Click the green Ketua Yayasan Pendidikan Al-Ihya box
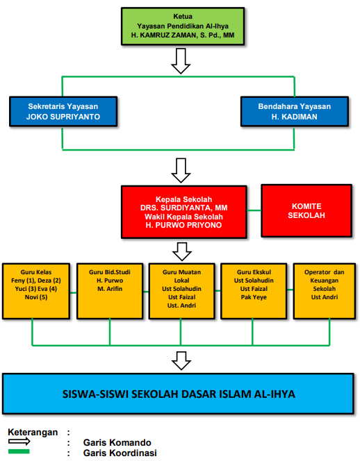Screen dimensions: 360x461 point(183,26)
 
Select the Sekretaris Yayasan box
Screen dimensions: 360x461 point(63,111)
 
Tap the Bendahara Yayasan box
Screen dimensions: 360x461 point(295,111)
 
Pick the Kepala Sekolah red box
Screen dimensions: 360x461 point(184,212)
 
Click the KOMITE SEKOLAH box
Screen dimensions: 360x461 point(306,210)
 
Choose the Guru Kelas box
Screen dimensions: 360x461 point(36,291)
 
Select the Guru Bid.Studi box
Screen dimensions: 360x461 point(110,291)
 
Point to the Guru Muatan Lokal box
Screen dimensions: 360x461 point(181,291)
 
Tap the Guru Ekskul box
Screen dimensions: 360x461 point(254,291)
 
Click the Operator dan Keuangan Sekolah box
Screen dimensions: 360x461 point(325,291)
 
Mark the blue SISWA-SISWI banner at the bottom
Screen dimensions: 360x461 point(178,394)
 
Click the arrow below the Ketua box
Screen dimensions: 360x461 point(181,61)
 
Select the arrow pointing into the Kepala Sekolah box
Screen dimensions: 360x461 point(181,171)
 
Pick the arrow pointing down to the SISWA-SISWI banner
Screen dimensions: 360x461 point(181,361)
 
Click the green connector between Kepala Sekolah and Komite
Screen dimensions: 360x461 point(254,210)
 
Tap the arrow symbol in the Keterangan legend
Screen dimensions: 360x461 point(19,442)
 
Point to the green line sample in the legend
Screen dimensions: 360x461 point(19,451)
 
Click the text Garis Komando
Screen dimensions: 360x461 point(117,442)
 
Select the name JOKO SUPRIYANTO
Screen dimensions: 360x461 point(63,117)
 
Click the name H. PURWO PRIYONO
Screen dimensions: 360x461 point(183,225)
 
